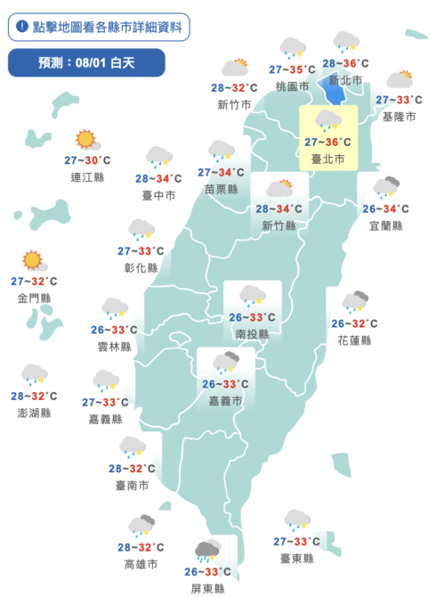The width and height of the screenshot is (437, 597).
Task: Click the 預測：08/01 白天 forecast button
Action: click(86, 62)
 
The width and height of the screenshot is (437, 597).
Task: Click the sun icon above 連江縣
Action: click(85, 139)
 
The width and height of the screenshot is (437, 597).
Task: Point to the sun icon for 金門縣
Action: click(33, 260)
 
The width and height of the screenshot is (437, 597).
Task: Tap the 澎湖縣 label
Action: click(34, 413)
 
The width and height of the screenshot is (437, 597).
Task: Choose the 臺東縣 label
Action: click(296, 558)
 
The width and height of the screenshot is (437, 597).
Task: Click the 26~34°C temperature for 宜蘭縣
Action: click(385, 209)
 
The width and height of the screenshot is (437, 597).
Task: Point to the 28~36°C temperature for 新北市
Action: click(345, 63)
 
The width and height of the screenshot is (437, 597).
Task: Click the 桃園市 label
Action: click(292, 86)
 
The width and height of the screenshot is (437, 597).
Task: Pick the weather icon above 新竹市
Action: click(235, 68)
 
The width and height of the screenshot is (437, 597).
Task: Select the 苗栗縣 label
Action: click(221, 189)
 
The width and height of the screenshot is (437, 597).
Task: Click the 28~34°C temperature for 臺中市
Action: click(158, 178)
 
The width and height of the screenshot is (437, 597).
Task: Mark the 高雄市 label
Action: click(142, 564)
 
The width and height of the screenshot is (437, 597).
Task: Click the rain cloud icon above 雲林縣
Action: click(113, 308)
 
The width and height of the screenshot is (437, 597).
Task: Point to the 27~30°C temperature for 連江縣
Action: click(87, 160)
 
